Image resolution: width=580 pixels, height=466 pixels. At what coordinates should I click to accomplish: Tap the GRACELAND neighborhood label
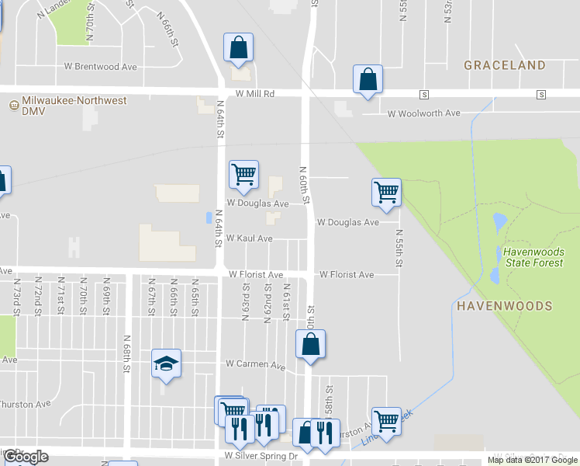click(505, 66)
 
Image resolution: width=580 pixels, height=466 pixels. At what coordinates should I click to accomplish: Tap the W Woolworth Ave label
click(423, 113)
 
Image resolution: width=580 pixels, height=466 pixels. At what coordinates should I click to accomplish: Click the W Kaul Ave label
click(250, 238)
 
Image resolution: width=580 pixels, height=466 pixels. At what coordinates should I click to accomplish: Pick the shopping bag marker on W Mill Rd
click(368, 79)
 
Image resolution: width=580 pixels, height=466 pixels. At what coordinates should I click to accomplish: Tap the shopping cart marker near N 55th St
click(386, 192)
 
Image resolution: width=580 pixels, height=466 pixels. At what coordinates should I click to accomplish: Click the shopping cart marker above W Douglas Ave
click(243, 175)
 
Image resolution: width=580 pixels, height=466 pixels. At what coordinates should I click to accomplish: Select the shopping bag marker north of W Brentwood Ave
click(238, 47)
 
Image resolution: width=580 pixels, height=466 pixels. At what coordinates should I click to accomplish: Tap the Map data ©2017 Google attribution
click(532, 460)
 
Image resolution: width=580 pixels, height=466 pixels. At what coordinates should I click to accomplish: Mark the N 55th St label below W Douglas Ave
click(399, 248)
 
